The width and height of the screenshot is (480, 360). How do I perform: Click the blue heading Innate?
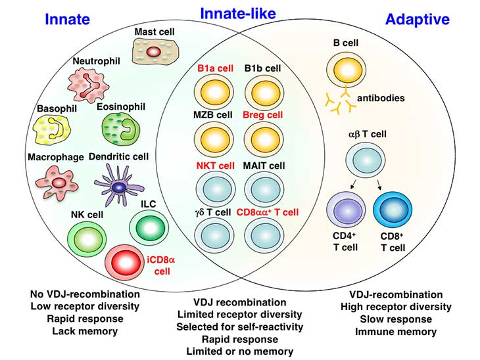pos(67,19)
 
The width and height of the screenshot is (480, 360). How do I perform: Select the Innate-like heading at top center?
pos(237,13)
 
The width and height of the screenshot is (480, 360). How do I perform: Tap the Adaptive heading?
pos(417,19)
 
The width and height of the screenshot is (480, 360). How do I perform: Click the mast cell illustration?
pos(153,51)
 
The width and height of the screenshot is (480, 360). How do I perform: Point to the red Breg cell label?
pos(262,115)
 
